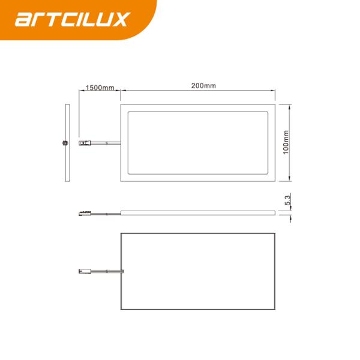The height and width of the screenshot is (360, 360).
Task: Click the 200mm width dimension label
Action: [203, 86]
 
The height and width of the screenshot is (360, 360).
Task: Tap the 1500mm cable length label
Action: [100, 88]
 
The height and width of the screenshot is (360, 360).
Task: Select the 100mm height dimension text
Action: [286, 142]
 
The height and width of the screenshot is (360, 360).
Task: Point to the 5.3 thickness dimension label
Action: [288, 200]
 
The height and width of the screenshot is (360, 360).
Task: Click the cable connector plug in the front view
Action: [85, 142]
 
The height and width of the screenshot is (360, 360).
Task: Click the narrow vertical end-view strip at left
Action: [67, 142]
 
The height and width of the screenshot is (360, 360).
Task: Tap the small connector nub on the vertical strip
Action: [63, 142]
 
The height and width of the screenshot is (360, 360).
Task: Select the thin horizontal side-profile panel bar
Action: [198, 212]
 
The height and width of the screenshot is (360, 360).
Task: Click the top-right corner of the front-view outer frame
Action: [275, 103]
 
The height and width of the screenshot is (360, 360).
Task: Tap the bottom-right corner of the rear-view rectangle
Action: [275, 310]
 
